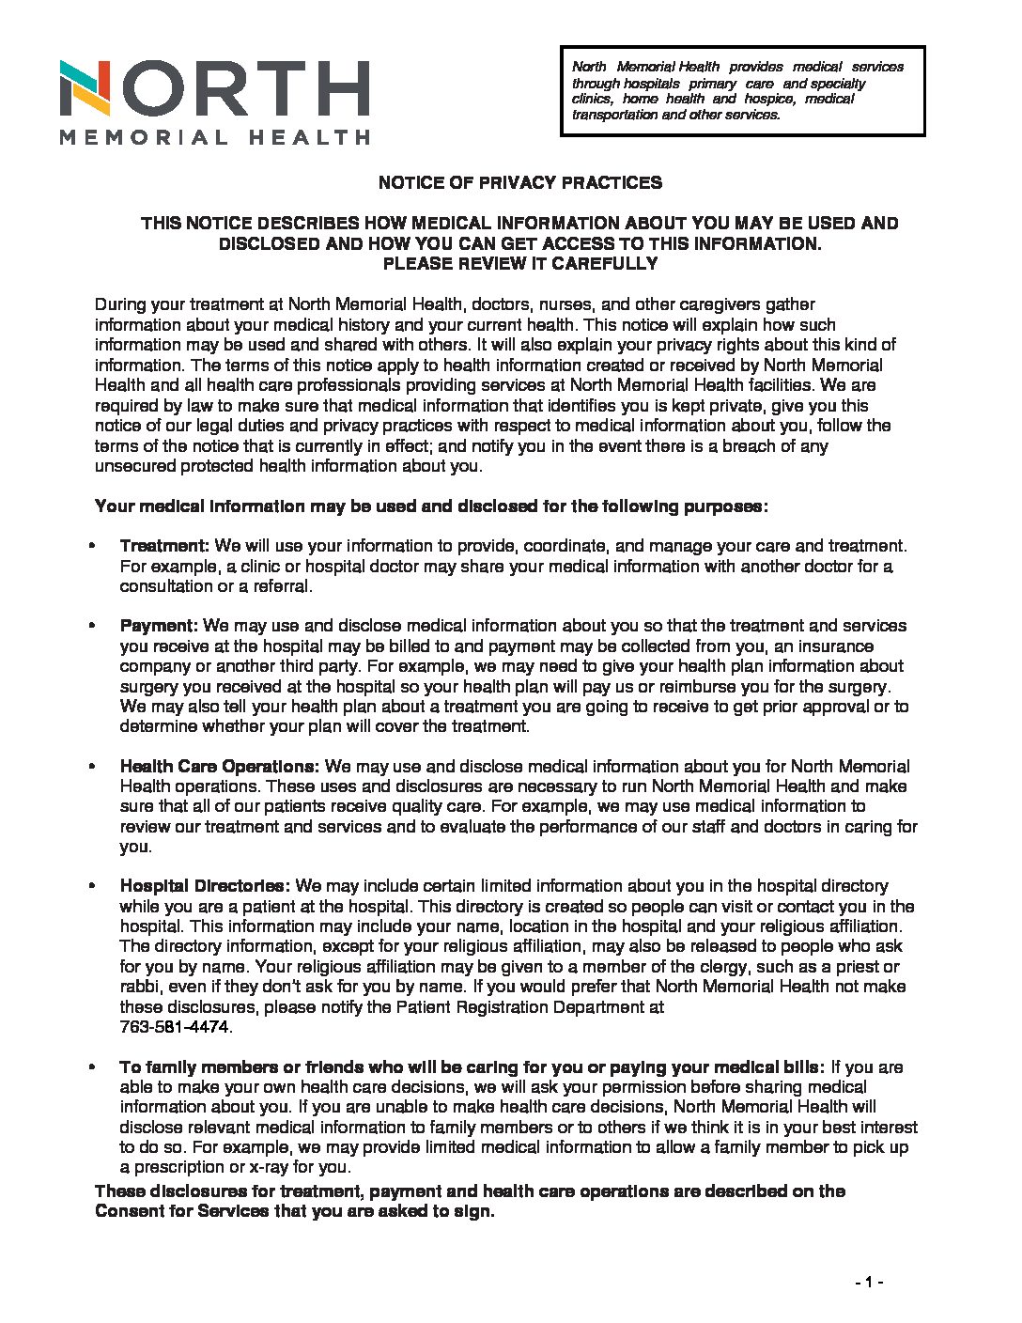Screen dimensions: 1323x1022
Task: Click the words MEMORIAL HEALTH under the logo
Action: click(214, 137)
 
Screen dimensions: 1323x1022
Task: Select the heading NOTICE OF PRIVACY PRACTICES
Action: click(519, 182)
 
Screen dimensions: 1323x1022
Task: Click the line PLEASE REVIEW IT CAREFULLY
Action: click(519, 264)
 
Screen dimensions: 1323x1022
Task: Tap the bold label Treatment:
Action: click(164, 546)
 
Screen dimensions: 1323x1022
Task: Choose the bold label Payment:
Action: click(159, 626)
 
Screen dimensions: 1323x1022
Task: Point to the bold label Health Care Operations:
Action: click(220, 767)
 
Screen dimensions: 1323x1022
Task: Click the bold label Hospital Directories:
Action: click(205, 886)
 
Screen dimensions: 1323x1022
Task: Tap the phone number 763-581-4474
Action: click(175, 1027)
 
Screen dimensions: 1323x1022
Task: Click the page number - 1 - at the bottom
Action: click(869, 1283)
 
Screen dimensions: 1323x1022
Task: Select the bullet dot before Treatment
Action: click(92, 547)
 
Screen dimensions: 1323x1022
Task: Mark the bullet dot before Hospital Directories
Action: click(92, 887)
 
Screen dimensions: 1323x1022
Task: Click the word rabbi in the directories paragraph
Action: click(139, 987)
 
